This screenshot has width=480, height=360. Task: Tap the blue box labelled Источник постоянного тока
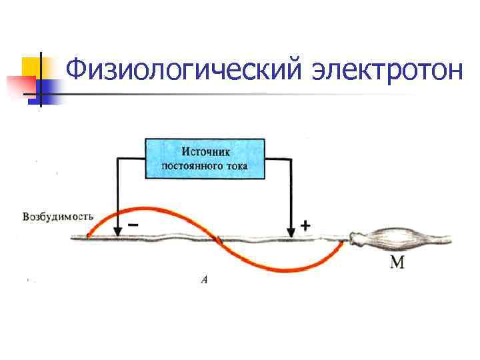[205, 158]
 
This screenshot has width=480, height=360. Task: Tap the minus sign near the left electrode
[133, 225]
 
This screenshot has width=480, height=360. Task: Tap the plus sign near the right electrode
[305, 226]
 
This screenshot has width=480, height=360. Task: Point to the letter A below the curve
[204, 280]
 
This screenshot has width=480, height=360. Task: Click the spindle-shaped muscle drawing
[393, 239]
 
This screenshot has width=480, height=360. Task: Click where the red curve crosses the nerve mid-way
[217, 237]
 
